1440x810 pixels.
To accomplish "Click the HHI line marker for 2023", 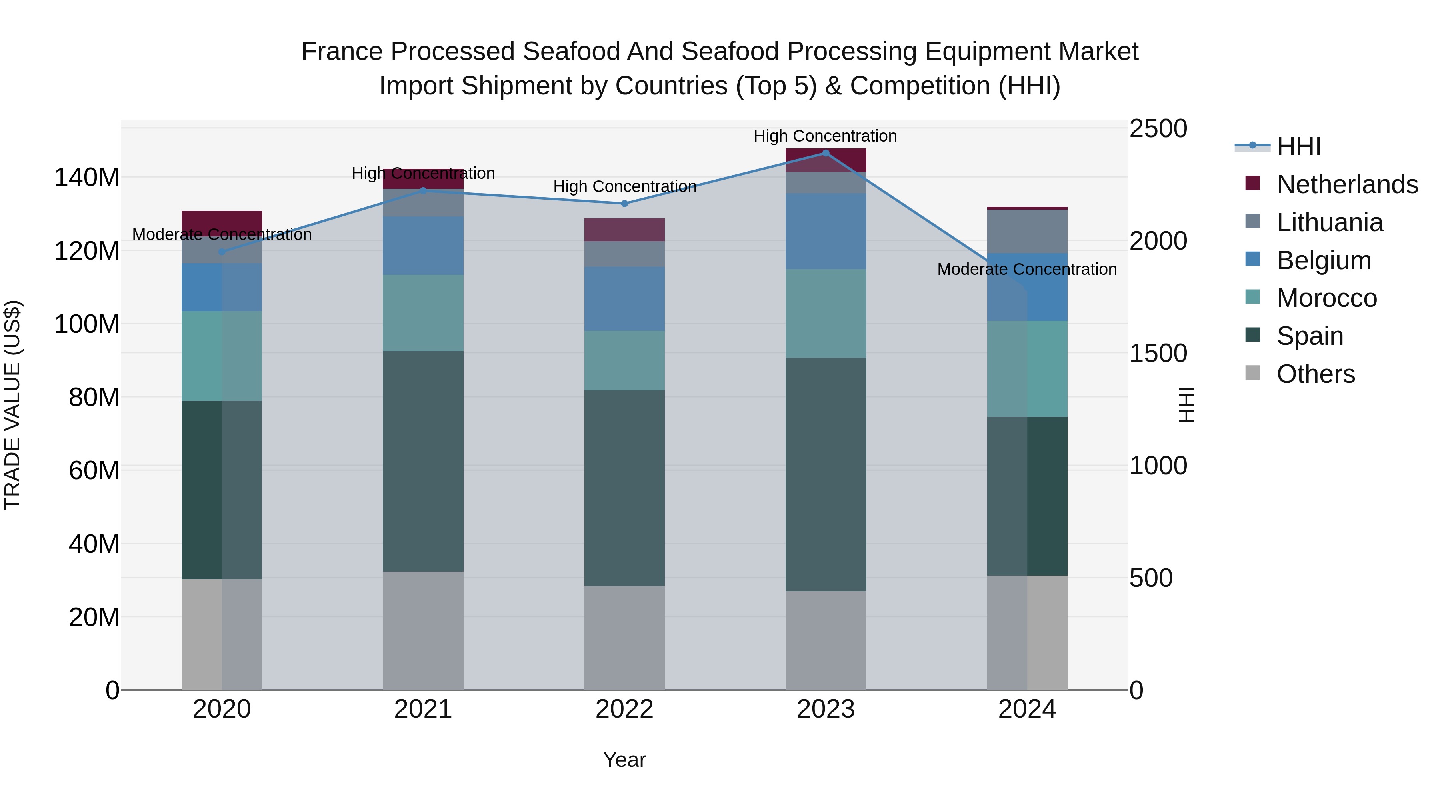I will (x=826, y=153).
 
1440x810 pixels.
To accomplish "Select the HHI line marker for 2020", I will (x=222, y=252).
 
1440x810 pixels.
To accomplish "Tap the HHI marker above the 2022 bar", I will (x=624, y=204).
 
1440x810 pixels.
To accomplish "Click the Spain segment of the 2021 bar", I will (x=423, y=461).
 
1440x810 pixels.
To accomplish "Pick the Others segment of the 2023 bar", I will (x=826, y=640).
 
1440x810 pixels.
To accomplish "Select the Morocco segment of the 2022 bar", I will (x=624, y=360).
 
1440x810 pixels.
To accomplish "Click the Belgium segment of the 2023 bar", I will (x=826, y=232).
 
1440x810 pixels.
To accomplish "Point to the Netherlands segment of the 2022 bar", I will (x=624, y=230).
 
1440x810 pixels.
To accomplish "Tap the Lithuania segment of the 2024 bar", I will (x=1027, y=232).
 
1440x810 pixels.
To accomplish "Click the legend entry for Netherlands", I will (x=1347, y=184).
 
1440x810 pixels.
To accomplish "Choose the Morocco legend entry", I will (x=1326, y=298).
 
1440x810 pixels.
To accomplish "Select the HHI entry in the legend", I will (x=1298, y=146).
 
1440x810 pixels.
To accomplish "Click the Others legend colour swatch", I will (x=1253, y=373).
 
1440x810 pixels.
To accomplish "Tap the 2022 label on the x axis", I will (x=624, y=709).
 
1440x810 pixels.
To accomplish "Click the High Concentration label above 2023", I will (x=825, y=136).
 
